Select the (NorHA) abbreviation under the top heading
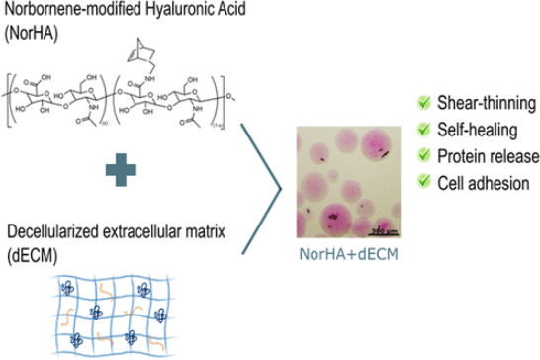coord(33,29)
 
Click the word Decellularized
coord(49,234)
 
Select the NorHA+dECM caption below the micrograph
coord(346,255)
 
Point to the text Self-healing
coord(476,129)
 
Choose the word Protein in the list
coord(462,154)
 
